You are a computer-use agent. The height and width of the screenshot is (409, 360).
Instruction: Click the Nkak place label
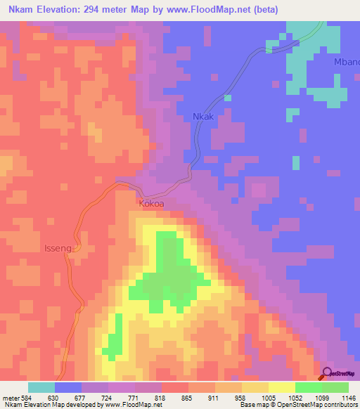[x=205, y=117]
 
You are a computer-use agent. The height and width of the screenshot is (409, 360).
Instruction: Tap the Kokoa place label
[x=152, y=204]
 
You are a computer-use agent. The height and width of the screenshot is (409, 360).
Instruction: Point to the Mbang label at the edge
[x=347, y=63]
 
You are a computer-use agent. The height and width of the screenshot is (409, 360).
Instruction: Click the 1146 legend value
[x=349, y=398]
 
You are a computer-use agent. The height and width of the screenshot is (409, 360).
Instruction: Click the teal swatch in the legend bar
[x=41, y=387]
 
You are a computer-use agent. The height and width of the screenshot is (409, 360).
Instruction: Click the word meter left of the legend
[x=11, y=398]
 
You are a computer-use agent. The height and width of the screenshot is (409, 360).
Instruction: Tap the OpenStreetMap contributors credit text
[x=310, y=405]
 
